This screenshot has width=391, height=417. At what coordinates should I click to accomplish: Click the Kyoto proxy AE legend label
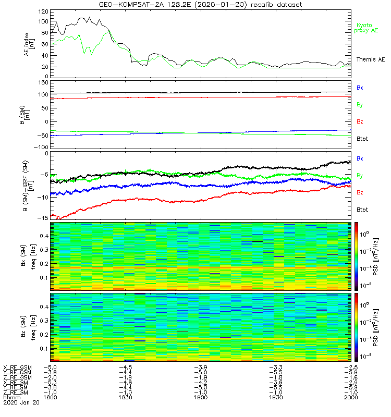coord(367,28)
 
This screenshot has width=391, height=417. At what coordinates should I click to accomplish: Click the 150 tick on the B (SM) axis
coord(43,82)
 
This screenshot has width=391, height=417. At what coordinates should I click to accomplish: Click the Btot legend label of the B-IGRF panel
coord(363,209)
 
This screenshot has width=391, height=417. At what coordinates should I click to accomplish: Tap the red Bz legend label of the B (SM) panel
coord(360,121)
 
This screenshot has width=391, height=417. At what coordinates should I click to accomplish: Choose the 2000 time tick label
coord(351,397)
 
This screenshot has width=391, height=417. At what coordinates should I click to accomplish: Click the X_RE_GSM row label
coord(17,367)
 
